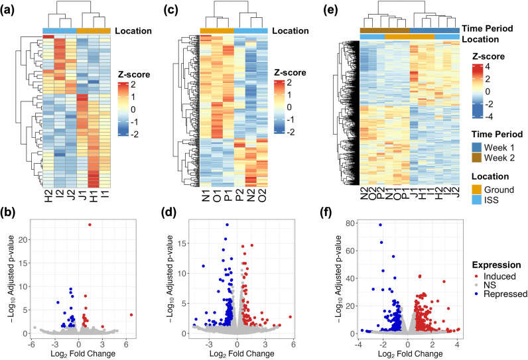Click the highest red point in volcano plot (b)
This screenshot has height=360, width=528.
point(90,224)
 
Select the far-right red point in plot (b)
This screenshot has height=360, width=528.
point(131,315)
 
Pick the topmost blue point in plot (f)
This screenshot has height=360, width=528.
point(381,225)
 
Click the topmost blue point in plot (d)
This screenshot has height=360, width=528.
point(227,225)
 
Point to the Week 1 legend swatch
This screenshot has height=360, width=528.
point(476,147)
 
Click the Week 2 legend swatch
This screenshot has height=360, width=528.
point(476,157)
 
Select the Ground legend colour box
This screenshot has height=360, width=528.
point(476,190)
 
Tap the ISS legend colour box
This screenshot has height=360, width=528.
point(476,200)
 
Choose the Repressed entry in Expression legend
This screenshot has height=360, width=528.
point(499,294)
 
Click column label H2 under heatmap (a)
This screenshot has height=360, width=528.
point(48,196)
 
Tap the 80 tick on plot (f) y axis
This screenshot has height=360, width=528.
point(350,223)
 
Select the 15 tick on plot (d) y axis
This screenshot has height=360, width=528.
point(182,243)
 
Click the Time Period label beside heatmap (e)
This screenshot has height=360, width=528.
point(488,29)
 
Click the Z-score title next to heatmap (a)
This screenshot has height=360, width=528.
point(134,74)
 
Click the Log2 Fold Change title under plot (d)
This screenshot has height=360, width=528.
point(241,354)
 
